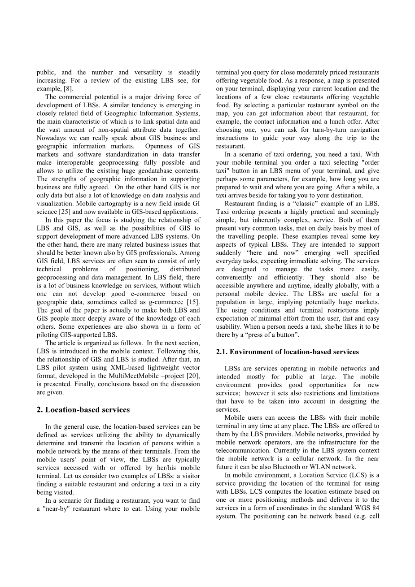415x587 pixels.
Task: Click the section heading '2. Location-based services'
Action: coord(83,410)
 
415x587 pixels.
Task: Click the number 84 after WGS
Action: coord(375,508)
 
